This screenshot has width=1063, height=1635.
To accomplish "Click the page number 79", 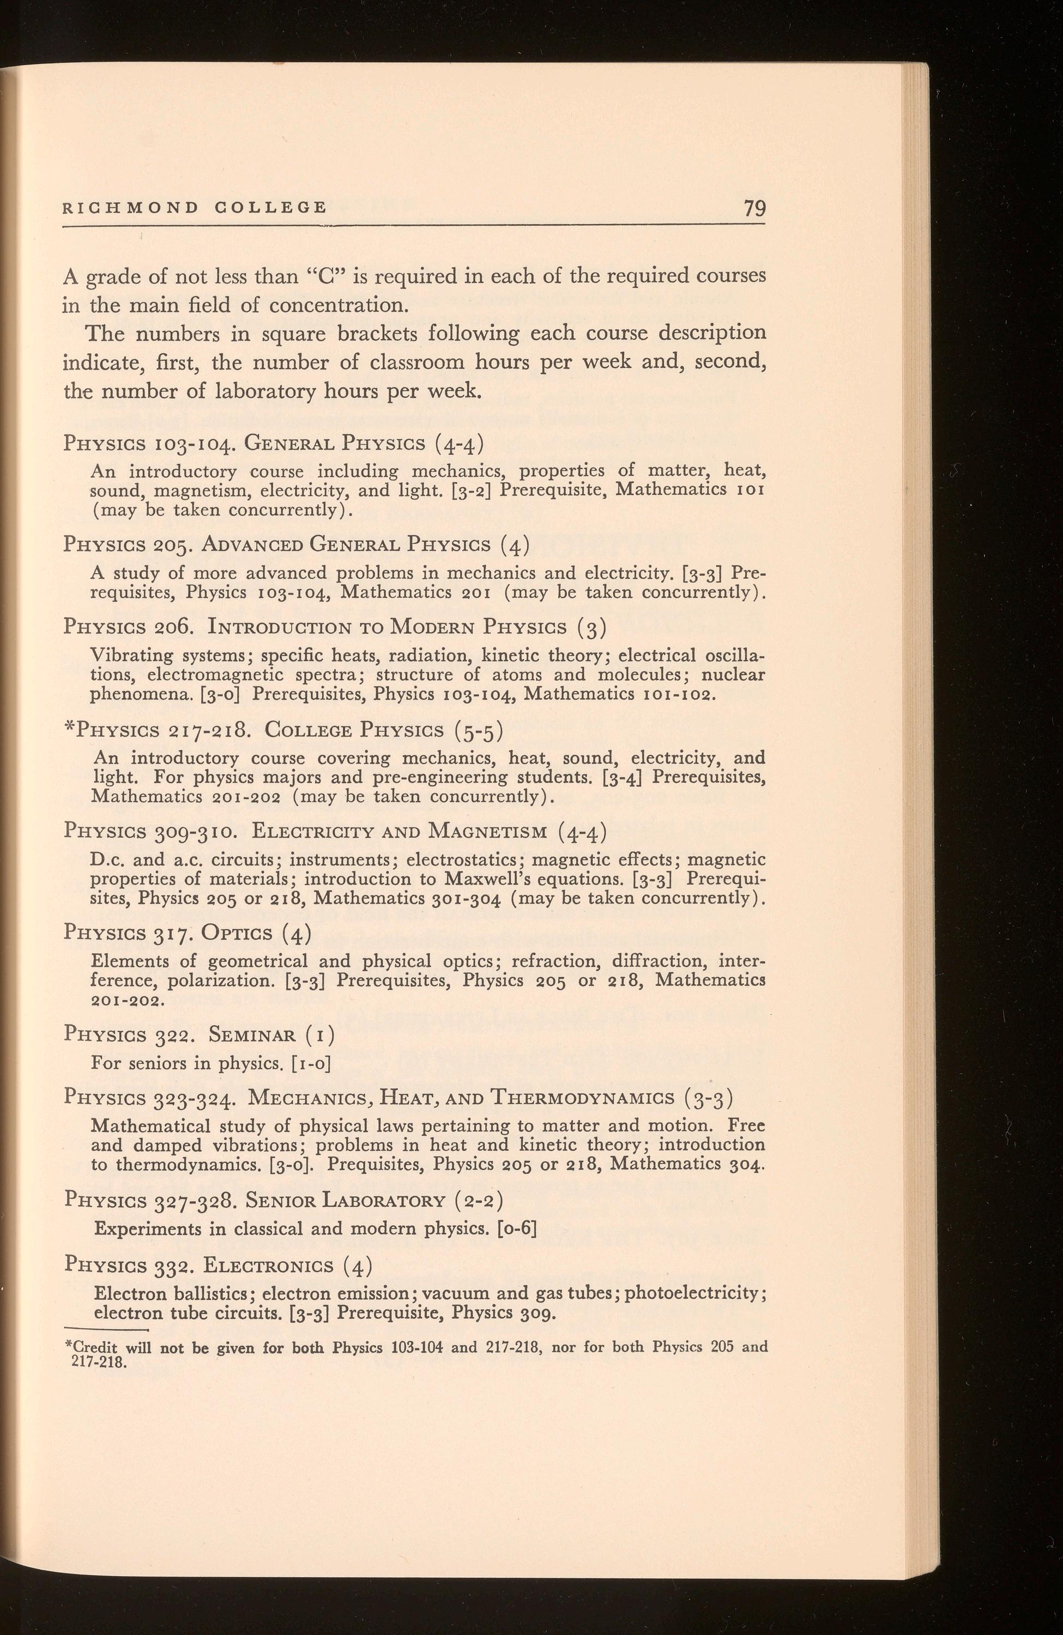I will coord(754,208).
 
